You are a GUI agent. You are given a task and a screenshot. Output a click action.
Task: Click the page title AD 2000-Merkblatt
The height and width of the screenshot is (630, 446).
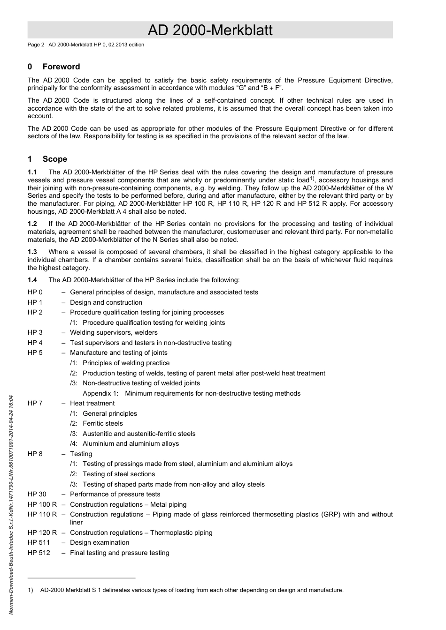[210, 30]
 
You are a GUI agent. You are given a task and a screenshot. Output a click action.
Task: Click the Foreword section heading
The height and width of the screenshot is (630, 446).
[61, 67]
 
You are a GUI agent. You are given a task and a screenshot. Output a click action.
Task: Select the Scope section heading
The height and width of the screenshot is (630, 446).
[54, 159]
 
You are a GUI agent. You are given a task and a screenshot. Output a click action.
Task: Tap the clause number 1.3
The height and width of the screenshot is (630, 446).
[32, 252]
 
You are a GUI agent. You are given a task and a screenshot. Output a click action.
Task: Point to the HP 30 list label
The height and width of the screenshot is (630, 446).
[37, 494]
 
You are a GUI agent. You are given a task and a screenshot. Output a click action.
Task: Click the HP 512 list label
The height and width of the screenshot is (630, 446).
[38, 553]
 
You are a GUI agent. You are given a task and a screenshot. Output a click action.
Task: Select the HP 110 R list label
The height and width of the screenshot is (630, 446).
[42, 514]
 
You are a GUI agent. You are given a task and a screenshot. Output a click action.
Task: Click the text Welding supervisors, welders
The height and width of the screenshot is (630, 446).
[114, 332]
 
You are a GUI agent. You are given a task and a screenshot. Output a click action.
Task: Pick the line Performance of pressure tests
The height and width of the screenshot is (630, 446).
[115, 494]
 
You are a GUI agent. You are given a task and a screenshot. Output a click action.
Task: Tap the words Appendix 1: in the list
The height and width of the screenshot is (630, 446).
[100, 393]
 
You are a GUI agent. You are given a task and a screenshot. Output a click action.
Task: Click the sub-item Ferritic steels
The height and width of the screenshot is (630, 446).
[102, 423]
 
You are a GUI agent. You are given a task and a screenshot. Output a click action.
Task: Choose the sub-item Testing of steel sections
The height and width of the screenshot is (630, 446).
[118, 474]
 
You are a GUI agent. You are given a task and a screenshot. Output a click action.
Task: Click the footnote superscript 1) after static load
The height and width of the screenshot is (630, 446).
[312, 179]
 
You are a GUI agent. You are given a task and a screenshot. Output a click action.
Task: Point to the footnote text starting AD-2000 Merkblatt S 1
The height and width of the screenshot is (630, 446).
[192, 590]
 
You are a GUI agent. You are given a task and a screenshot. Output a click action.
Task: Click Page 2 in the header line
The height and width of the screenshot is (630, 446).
[36, 45]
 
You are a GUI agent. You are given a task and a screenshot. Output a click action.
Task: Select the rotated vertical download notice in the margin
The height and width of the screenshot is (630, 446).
[11, 504]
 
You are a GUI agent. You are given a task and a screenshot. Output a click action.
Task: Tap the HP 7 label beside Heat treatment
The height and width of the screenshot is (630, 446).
[35, 403]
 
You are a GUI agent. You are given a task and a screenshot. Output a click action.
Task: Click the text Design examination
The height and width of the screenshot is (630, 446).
[100, 542]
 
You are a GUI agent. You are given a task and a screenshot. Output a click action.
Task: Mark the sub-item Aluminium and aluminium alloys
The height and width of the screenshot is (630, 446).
[131, 443]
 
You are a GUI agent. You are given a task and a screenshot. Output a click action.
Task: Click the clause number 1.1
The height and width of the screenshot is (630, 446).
[32, 172]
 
